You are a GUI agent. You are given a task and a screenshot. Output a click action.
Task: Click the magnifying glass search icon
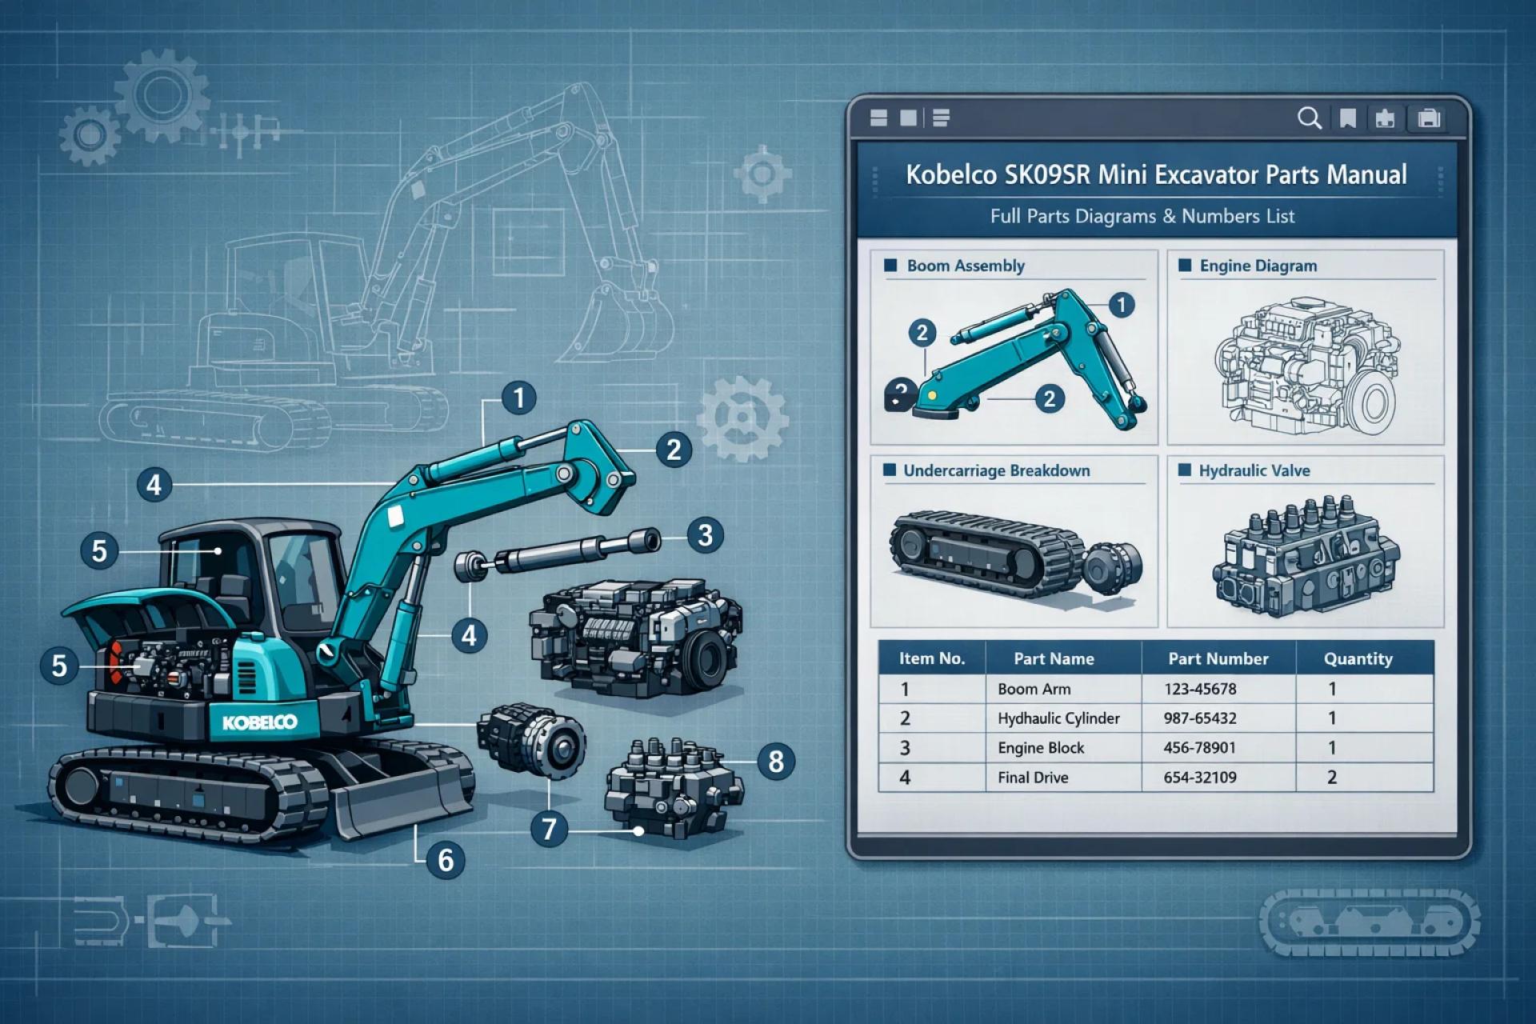1309,118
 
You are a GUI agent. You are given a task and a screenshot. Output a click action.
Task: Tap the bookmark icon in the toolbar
1348,119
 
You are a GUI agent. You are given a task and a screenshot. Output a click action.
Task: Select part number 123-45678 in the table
1200,689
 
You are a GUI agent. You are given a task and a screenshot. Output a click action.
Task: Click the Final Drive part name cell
1033,778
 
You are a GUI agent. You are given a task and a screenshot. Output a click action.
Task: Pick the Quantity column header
1358,659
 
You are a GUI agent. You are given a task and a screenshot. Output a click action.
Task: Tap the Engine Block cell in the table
1041,748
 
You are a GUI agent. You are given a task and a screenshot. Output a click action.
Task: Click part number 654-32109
1200,778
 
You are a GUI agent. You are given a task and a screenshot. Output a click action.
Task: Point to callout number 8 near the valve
775,761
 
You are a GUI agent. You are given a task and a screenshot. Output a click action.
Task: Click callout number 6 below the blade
446,860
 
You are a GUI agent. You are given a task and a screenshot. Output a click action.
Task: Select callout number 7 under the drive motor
549,828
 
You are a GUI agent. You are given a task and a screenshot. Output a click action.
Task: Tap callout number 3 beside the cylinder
705,534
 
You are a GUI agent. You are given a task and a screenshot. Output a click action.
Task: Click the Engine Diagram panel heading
1258,266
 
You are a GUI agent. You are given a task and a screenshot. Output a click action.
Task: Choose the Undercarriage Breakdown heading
996,470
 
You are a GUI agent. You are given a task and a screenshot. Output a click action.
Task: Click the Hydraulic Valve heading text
1254,470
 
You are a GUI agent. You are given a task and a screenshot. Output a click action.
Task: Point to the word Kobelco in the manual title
950,174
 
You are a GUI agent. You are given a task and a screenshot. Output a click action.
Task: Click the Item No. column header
931,659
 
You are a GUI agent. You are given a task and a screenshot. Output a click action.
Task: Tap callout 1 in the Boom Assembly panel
1122,305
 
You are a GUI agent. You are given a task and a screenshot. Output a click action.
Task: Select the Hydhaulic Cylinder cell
1058,718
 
